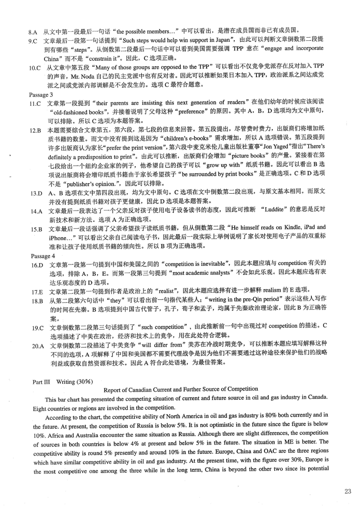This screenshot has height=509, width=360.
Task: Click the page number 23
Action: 348,491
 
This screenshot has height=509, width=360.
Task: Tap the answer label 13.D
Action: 36,193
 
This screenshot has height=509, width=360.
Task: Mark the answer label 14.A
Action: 36,211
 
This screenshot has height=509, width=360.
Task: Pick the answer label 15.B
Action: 36,229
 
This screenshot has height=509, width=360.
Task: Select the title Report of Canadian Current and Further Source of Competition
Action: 181,389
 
